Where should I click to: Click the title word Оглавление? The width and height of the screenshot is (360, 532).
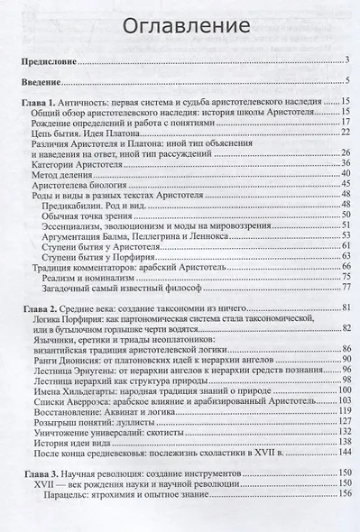(180, 24)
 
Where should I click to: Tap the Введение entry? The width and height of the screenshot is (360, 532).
(40, 85)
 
